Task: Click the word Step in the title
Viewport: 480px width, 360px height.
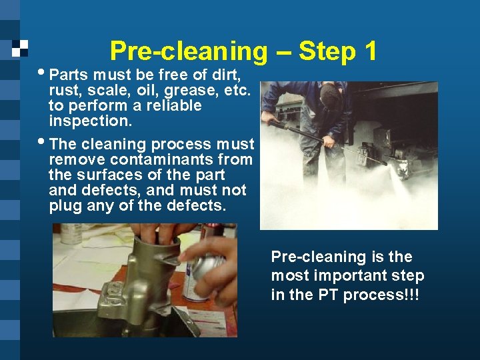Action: (x=327, y=51)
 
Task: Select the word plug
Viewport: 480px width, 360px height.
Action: (x=65, y=205)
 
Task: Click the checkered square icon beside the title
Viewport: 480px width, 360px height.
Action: (x=21, y=49)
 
